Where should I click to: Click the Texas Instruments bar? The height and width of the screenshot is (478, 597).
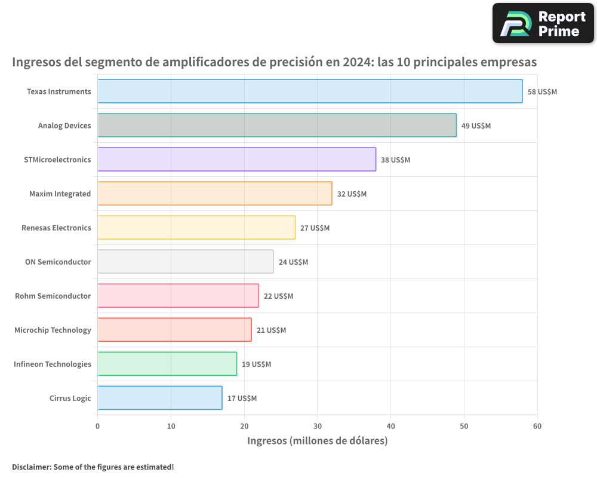(310, 91)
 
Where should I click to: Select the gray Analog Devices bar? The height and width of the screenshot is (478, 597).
(277, 125)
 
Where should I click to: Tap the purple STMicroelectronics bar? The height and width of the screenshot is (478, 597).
(236, 160)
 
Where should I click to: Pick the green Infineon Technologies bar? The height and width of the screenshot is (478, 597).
(167, 364)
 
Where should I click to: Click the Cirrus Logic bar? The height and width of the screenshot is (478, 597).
(159, 398)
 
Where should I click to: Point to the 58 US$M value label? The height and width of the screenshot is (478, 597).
(542, 92)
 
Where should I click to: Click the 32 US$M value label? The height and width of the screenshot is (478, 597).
(352, 194)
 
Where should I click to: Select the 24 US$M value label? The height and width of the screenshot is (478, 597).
(293, 262)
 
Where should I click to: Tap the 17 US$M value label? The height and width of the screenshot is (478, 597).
(242, 399)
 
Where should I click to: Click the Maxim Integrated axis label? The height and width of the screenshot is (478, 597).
(60, 194)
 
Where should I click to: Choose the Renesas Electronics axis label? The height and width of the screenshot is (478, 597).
(56, 228)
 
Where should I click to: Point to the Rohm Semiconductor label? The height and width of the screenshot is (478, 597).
(53, 296)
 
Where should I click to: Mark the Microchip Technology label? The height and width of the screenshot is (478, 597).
(53, 330)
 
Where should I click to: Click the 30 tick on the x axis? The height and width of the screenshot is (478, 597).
(318, 426)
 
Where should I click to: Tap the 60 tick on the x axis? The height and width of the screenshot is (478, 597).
(537, 426)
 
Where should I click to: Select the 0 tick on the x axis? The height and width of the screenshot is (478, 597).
(98, 426)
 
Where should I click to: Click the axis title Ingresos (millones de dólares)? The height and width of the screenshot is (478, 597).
(317, 441)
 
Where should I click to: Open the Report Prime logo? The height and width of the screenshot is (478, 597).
(543, 23)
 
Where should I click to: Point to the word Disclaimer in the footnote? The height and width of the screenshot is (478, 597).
(31, 467)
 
